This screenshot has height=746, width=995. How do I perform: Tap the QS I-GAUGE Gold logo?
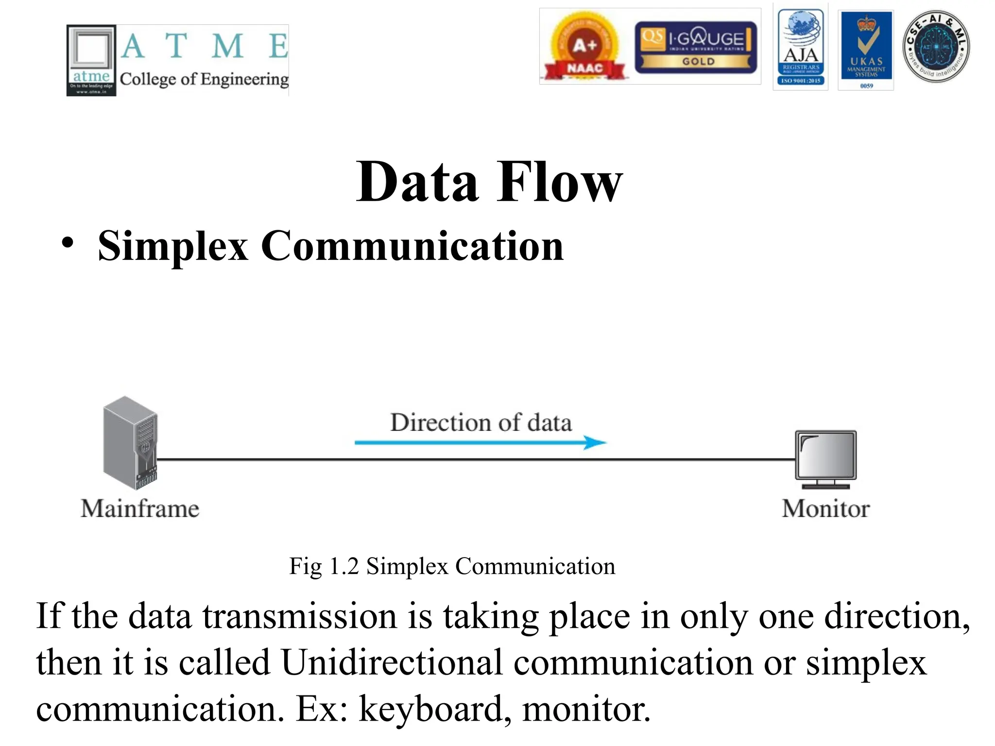[x=696, y=47]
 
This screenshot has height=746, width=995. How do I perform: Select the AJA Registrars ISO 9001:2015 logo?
[x=800, y=47]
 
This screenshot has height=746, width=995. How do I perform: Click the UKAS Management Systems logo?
[x=866, y=48]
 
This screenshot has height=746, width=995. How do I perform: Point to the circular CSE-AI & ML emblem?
[x=936, y=47]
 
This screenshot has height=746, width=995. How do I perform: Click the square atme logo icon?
[x=91, y=60]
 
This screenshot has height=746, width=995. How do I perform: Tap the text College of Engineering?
[x=204, y=79]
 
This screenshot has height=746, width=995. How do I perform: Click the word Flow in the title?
[x=559, y=182]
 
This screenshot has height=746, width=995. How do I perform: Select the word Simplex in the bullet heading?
[x=173, y=246]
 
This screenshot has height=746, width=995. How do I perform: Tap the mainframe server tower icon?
[x=130, y=442]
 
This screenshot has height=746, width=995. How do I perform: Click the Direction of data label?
[x=480, y=423]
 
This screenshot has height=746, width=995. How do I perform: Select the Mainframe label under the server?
[x=140, y=509]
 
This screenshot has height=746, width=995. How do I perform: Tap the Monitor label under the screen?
[x=825, y=509]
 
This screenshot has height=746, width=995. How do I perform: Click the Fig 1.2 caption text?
[x=452, y=566]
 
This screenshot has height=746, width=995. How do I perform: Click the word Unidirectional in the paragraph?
[x=392, y=662]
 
